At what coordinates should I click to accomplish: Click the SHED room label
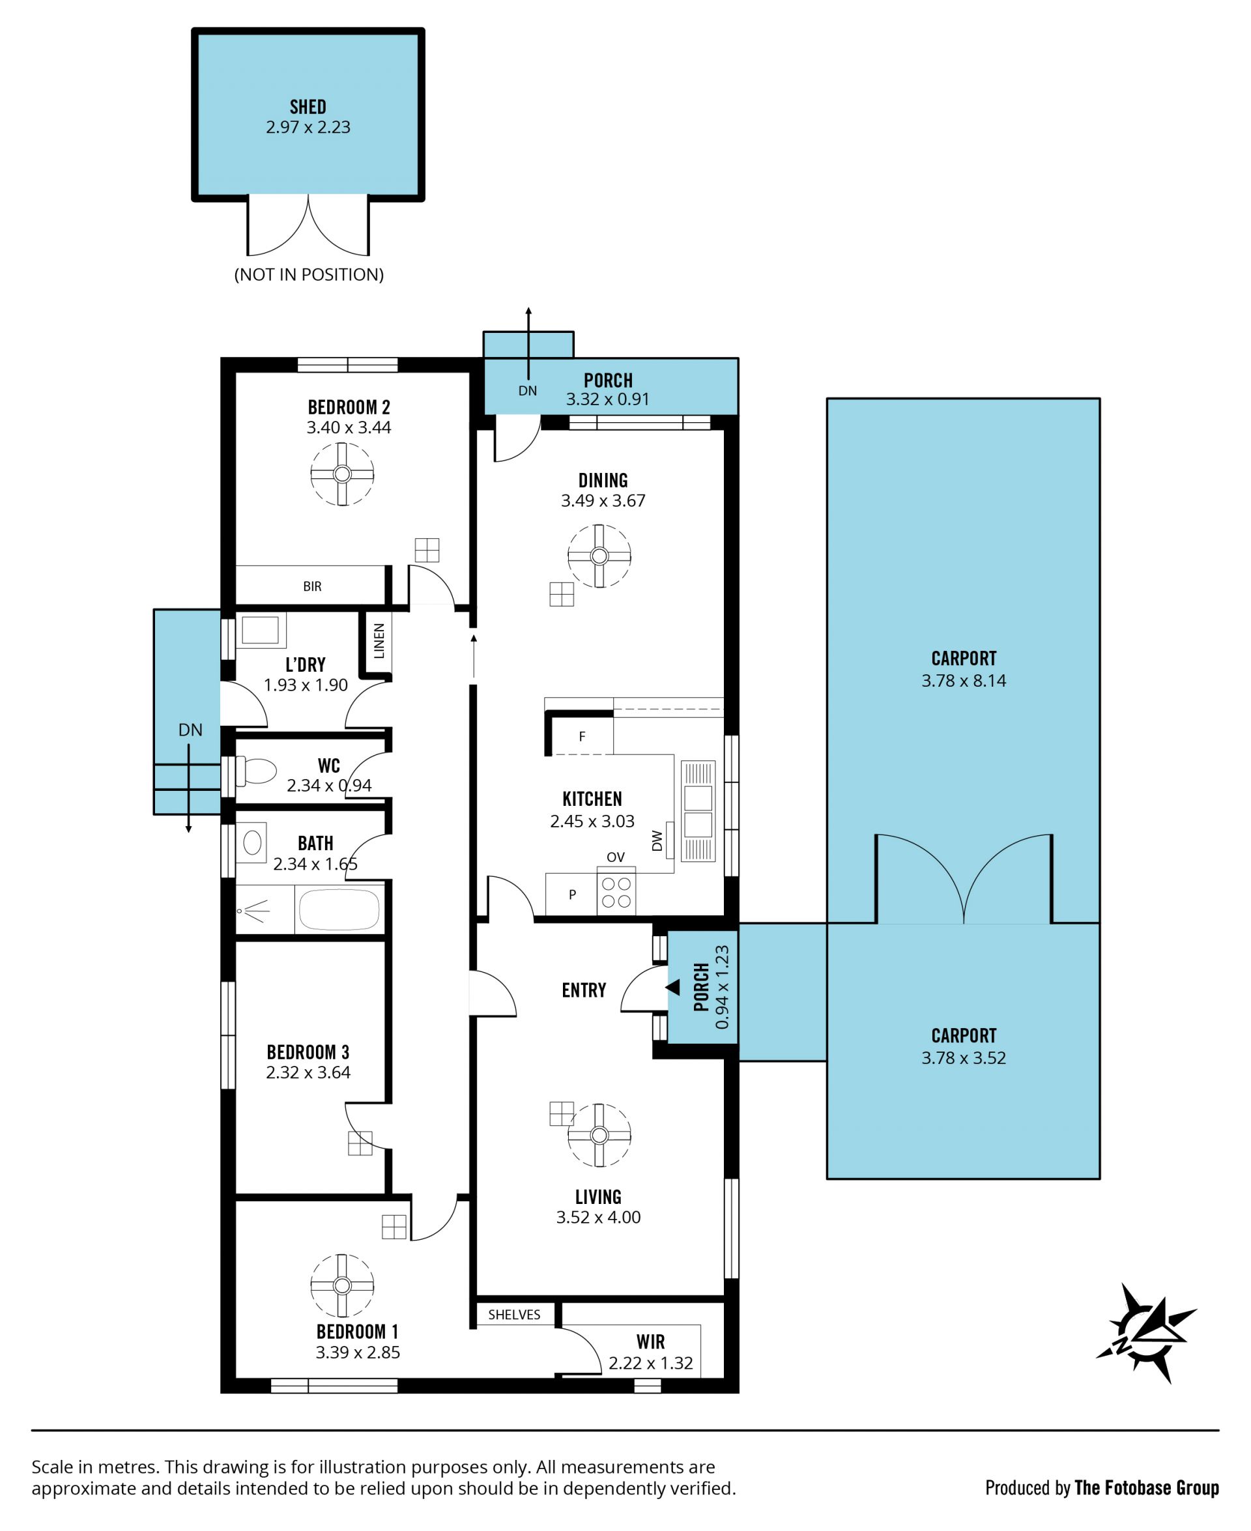point(308,107)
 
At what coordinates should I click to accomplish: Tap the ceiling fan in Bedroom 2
point(342,474)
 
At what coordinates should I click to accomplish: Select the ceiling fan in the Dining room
point(599,556)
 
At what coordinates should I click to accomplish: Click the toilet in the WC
point(257,771)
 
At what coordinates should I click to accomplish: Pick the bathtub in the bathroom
point(339,909)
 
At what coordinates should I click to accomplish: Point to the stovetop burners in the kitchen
point(616,891)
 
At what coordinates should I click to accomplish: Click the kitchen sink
point(698,811)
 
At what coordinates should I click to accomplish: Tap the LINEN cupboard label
point(379,640)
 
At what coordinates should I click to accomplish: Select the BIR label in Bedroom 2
point(312,586)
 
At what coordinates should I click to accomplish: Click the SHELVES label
point(514,1315)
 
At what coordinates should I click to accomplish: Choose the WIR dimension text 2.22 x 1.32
point(651,1363)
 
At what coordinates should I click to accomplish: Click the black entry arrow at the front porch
point(673,988)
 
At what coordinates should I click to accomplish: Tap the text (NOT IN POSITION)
point(309,274)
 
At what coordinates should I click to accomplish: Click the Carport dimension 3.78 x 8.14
point(964,681)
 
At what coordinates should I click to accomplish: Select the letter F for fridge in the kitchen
point(582,736)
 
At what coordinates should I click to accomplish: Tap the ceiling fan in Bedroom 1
point(342,1285)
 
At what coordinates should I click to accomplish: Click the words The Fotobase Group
point(1147,1487)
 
